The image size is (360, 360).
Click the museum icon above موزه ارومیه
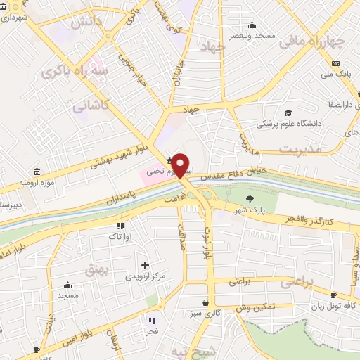[36, 171]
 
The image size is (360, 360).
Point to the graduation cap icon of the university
[288, 112]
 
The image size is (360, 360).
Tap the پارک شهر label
[251, 209]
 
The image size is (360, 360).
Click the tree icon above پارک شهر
[251, 198]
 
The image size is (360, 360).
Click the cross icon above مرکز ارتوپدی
[146, 265]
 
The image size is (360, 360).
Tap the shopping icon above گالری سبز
[202, 302]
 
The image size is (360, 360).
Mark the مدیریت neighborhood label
[300, 149]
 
